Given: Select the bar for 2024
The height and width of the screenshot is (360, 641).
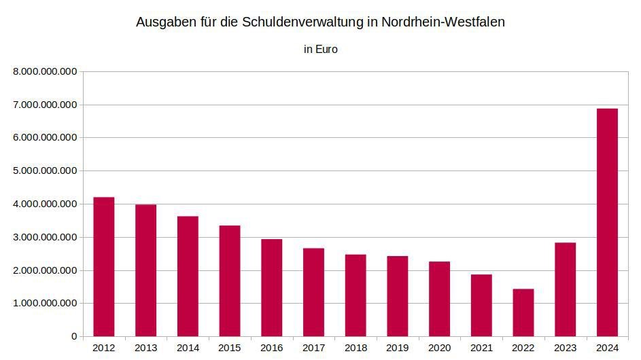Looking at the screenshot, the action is click(607, 222).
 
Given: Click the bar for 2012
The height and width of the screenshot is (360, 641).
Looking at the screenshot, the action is click(104, 267).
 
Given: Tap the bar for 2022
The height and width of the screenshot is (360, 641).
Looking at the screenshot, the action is click(523, 312).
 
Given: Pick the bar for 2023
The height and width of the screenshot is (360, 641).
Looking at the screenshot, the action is click(566, 289).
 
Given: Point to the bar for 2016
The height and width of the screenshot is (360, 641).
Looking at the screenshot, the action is click(271, 288).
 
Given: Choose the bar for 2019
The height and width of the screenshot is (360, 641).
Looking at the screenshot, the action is click(398, 296).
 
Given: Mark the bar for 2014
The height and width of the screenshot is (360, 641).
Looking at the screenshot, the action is click(188, 276).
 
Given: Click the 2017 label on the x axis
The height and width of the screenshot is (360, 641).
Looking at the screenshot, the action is click(313, 348).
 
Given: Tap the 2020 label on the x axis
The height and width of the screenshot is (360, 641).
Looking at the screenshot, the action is click(440, 348).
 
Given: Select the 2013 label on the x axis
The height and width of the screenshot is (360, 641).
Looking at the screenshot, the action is click(146, 348).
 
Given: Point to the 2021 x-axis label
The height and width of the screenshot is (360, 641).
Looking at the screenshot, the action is click(481, 348).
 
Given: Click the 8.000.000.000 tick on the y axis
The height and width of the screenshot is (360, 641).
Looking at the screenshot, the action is click(45, 72).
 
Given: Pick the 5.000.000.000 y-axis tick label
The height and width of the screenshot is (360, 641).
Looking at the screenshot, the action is click(45, 170).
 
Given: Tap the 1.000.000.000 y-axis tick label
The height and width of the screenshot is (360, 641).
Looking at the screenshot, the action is click(45, 303).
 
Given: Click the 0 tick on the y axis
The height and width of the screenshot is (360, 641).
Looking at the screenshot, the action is click(74, 336).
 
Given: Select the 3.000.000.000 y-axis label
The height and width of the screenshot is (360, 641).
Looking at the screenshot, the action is click(45, 237).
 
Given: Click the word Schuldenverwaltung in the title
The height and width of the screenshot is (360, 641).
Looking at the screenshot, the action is click(302, 22).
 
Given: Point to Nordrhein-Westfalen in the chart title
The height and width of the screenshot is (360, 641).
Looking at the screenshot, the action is click(443, 22).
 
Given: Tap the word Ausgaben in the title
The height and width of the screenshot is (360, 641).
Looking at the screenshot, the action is click(167, 22).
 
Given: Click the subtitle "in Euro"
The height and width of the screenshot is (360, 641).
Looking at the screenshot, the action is click(321, 50).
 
